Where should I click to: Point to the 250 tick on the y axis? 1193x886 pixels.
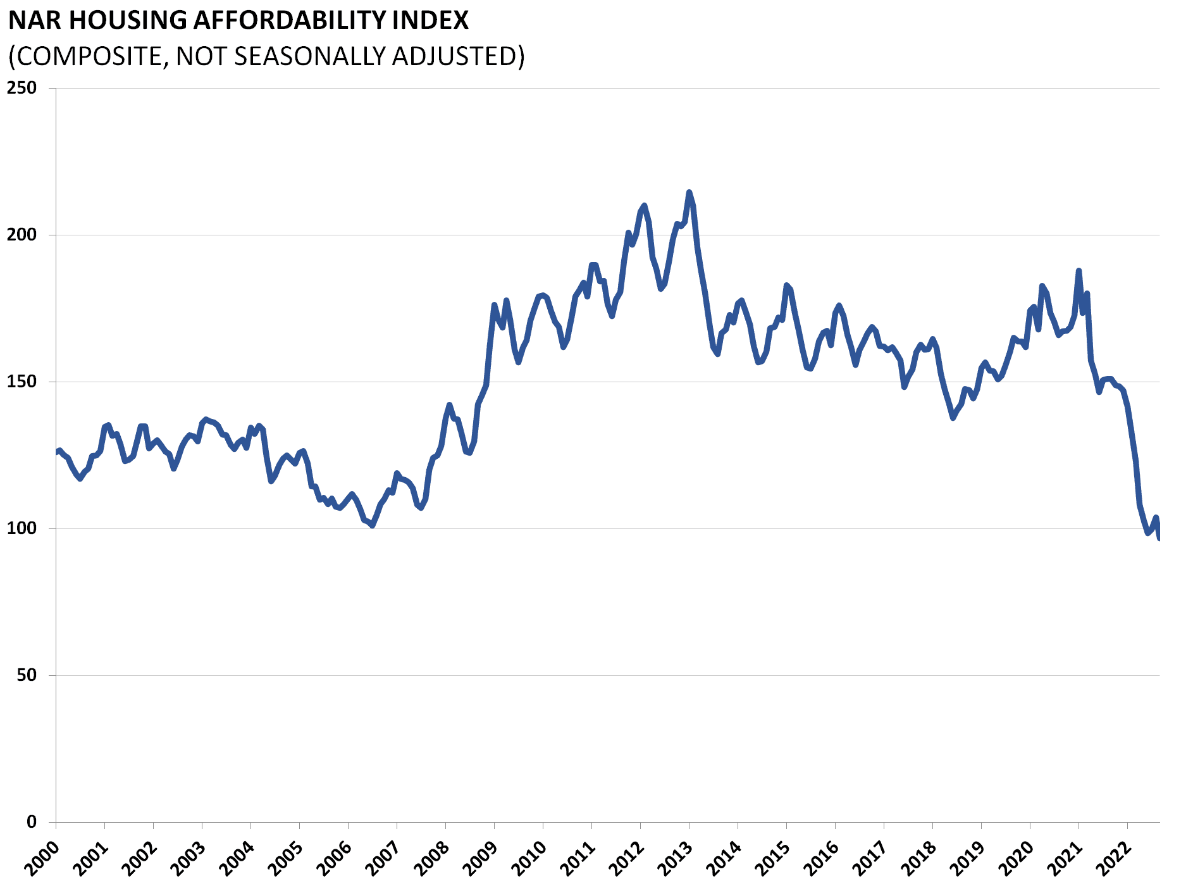(x=22, y=88)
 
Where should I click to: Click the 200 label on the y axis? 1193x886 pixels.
(x=22, y=235)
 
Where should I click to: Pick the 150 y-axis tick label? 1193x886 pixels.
(x=22, y=382)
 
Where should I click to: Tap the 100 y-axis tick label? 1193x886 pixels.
(x=22, y=528)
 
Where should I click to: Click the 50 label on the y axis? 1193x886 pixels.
(x=26, y=675)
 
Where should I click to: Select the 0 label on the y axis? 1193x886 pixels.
(x=31, y=822)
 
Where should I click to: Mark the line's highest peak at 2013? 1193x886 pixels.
(x=689, y=192)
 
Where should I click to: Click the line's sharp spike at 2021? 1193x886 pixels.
(x=1079, y=270)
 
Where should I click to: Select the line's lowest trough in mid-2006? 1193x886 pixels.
(x=372, y=525)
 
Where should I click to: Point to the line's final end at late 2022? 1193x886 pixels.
(x=1159, y=538)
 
